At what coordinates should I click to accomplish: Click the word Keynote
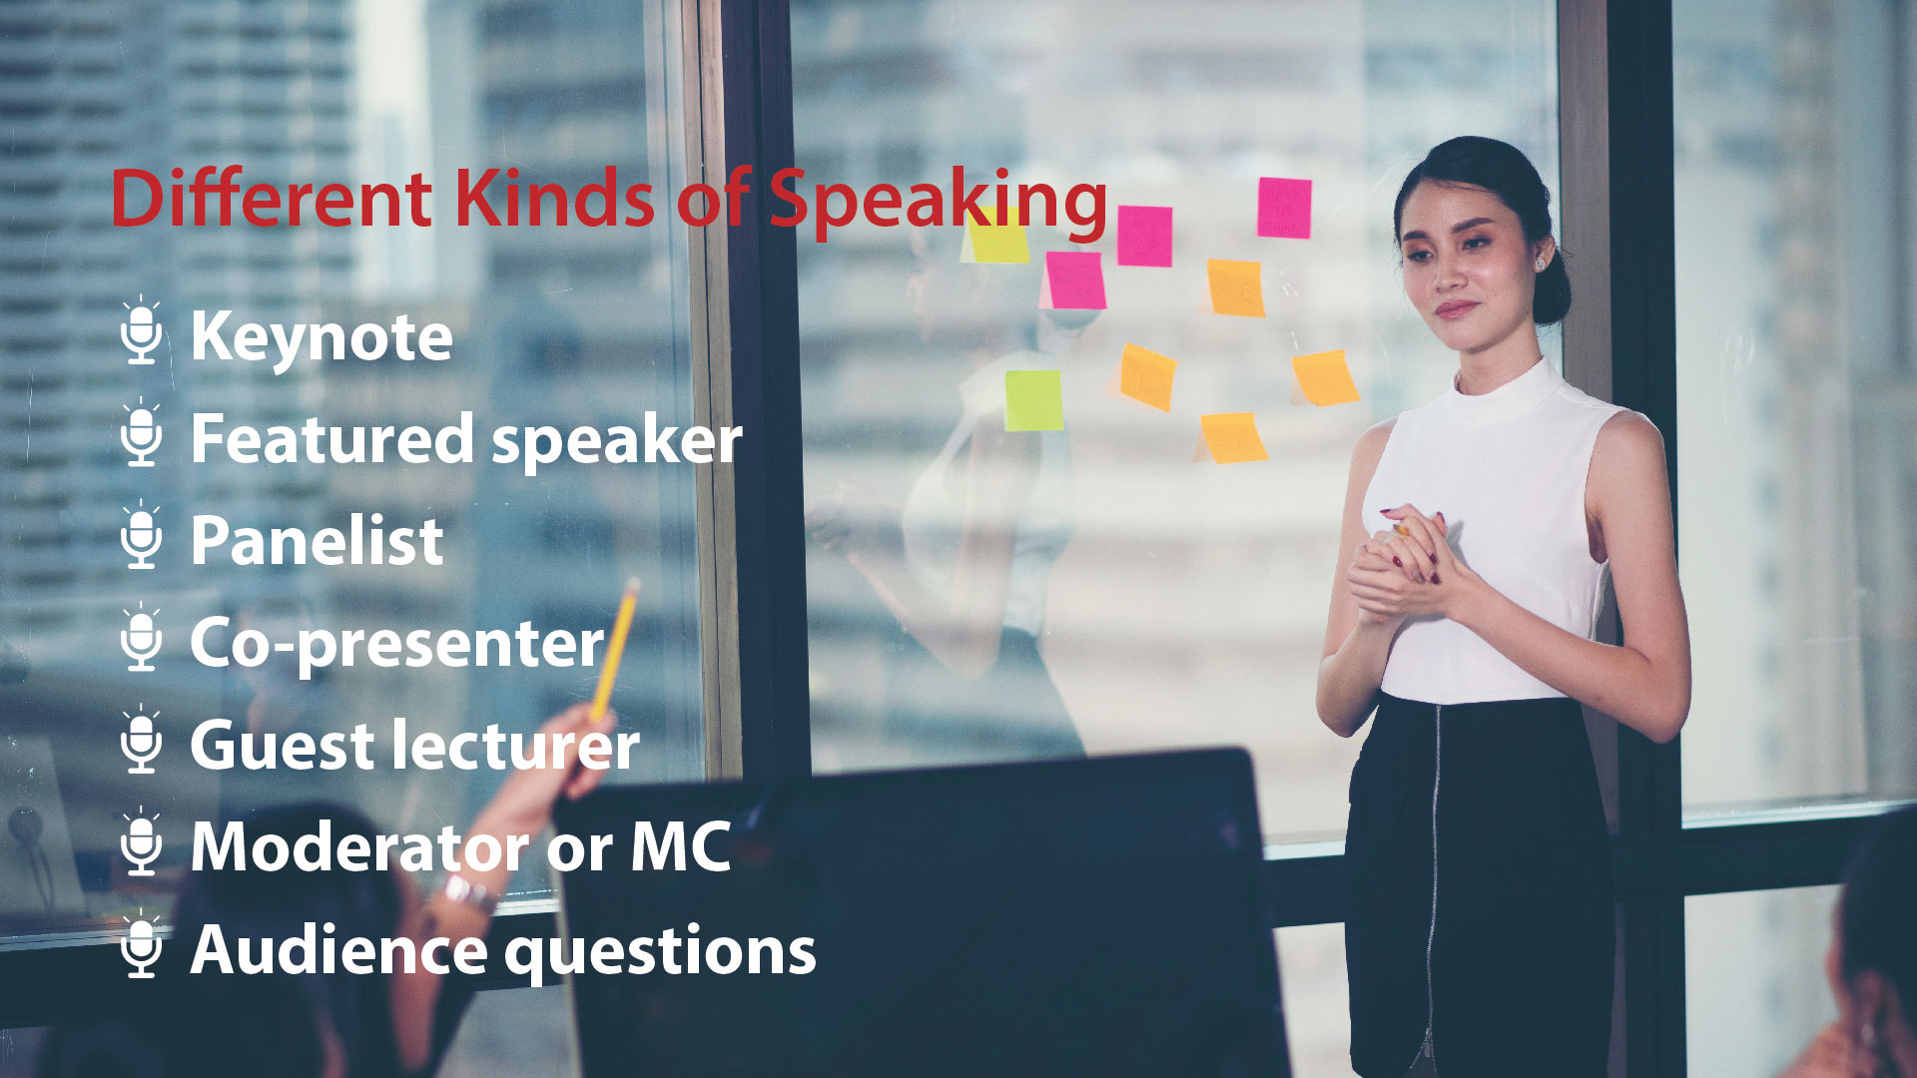[x=320, y=337]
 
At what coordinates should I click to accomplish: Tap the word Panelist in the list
[x=317, y=542]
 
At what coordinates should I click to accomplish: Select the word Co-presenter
[x=396, y=645]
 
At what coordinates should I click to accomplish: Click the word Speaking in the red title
[x=937, y=200]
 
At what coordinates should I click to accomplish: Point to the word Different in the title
[x=271, y=199]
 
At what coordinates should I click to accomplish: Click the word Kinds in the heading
[x=554, y=199]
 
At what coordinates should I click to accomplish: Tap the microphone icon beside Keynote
[x=142, y=331]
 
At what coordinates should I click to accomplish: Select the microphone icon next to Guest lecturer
[x=142, y=741]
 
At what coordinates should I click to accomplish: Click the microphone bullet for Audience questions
[x=142, y=944]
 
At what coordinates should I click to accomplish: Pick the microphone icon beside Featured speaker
[x=142, y=433]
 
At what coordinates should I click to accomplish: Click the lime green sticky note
[x=1033, y=400]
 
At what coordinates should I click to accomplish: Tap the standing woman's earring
[x=1539, y=264]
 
